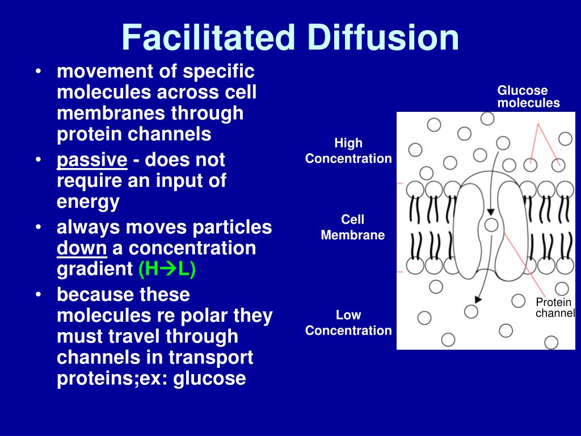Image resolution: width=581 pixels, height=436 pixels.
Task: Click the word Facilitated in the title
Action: [x=208, y=37]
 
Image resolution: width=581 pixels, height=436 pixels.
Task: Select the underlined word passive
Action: [x=92, y=160]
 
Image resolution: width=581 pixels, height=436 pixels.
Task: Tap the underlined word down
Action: [x=82, y=248]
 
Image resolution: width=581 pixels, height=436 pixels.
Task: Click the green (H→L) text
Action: [x=167, y=269]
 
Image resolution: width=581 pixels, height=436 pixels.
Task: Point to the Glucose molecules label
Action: [x=528, y=97]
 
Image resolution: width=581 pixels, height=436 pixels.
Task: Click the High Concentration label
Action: [x=348, y=151]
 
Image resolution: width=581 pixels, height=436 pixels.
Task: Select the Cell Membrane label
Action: [x=352, y=227]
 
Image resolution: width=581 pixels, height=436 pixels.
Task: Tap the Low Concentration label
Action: [x=348, y=323]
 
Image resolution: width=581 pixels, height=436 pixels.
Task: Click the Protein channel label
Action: [x=555, y=307]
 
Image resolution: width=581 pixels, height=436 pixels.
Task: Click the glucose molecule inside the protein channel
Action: [x=491, y=225]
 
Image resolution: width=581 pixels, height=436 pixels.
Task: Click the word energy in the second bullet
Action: [x=88, y=202]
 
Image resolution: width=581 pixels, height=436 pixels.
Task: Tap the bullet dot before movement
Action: [x=37, y=72]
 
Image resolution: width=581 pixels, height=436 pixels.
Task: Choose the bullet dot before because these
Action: [x=37, y=295]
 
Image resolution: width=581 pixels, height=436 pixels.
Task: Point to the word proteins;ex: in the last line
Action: [x=113, y=378]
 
